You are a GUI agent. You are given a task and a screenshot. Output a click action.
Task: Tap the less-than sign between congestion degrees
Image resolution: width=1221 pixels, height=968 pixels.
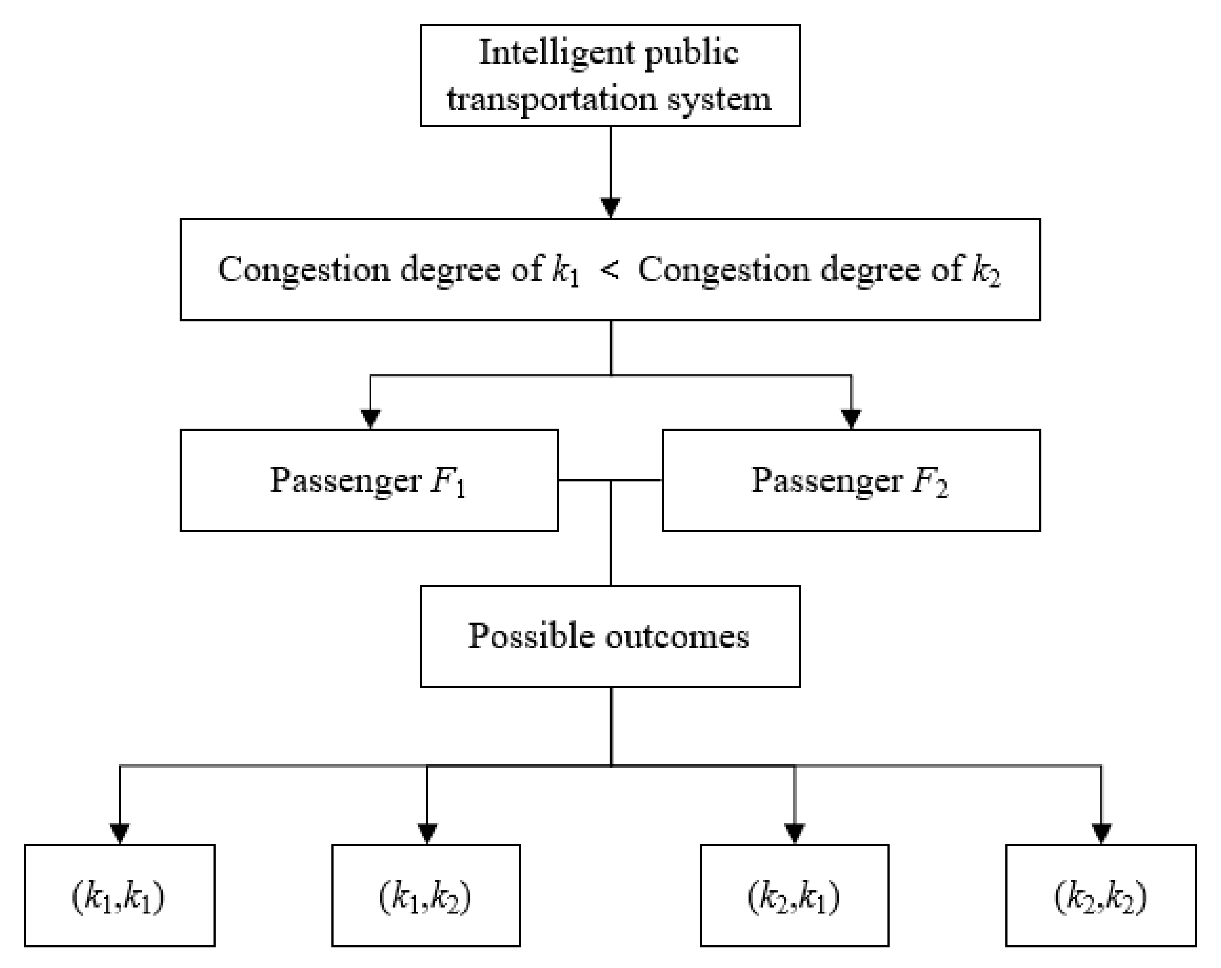click(609, 270)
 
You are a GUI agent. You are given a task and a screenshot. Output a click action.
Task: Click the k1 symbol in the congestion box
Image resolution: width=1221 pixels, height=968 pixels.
click(565, 270)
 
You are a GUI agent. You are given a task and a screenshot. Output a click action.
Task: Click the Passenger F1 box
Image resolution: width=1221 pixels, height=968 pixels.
click(369, 480)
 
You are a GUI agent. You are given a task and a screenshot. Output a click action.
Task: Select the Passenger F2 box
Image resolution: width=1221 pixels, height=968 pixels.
click(851, 480)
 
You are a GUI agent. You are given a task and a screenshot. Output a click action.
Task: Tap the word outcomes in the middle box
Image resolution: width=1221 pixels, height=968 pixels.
click(677, 636)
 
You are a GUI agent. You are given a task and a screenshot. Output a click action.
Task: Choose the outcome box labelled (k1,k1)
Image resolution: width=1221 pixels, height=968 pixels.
click(120, 896)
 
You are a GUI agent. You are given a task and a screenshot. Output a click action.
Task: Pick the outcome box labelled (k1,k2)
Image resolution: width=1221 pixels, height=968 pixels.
click(426, 896)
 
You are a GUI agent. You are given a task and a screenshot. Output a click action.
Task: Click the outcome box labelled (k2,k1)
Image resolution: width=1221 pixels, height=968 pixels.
click(794, 896)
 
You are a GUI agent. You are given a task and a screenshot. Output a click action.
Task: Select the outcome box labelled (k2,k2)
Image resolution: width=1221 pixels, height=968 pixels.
click(1101, 896)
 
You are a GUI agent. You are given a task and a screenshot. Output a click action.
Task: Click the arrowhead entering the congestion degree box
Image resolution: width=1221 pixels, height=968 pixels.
click(610, 207)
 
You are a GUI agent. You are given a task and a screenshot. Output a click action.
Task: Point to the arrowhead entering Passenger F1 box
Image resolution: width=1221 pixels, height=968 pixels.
click(370, 418)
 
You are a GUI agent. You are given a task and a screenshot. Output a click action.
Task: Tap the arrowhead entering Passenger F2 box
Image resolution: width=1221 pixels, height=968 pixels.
click(851, 418)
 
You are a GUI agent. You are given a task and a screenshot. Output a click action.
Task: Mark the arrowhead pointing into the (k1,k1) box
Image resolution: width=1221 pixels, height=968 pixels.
click(120, 833)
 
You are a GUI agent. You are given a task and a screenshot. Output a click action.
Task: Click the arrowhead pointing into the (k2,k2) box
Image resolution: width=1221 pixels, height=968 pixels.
click(1101, 833)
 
